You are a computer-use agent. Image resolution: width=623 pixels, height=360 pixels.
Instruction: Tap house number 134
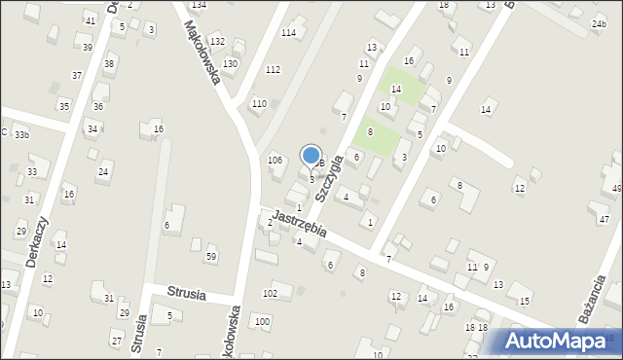tap(199, 5)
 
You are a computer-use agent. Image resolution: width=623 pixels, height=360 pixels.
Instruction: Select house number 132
tap(216, 41)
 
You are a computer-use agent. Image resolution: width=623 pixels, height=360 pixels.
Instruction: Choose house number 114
tap(288, 33)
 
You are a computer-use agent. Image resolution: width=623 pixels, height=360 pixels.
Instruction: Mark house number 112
tap(273, 69)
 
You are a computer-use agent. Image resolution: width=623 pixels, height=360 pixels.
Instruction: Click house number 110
tap(258, 103)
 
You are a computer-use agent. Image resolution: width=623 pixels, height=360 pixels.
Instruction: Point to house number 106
tap(275, 160)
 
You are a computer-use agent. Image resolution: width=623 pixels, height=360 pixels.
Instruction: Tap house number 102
tap(270, 293)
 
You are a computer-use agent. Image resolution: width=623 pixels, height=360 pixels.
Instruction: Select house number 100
tap(261, 321)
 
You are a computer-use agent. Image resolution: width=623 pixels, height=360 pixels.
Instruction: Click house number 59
tap(210, 257)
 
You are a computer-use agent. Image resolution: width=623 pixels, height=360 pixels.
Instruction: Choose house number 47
tap(604, 220)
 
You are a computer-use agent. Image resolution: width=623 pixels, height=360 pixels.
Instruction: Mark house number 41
tap(90, 20)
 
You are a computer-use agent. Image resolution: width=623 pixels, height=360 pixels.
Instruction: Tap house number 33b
tap(21, 135)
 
